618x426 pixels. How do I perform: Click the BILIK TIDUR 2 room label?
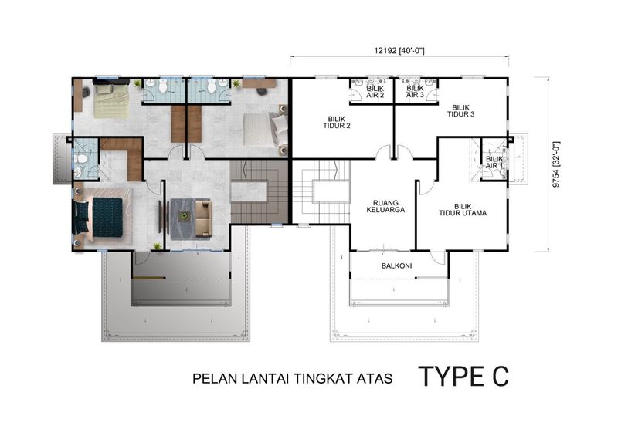tap(337, 123)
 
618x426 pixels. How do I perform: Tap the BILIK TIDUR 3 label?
tap(460, 111)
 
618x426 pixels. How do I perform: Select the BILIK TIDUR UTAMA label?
tap(463, 210)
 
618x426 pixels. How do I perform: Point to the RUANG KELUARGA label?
tap(385, 207)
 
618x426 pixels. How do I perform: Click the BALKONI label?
tap(396, 266)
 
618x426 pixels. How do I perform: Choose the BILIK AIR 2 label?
tap(375, 92)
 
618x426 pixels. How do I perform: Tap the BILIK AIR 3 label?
tap(415, 92)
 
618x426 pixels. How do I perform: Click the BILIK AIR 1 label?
tap(494, 163)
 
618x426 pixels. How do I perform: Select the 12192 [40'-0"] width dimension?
tap(399, 50)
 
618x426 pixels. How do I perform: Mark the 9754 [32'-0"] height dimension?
tap(555, 164)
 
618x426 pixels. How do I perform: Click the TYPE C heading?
tap(463, 376)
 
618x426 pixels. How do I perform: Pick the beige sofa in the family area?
tap(203, 219)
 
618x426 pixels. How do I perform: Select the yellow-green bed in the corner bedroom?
tap(111, 101)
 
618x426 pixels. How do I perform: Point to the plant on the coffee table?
tap(183, 215)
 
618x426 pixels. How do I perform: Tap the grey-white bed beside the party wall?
tap(265, 129)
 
